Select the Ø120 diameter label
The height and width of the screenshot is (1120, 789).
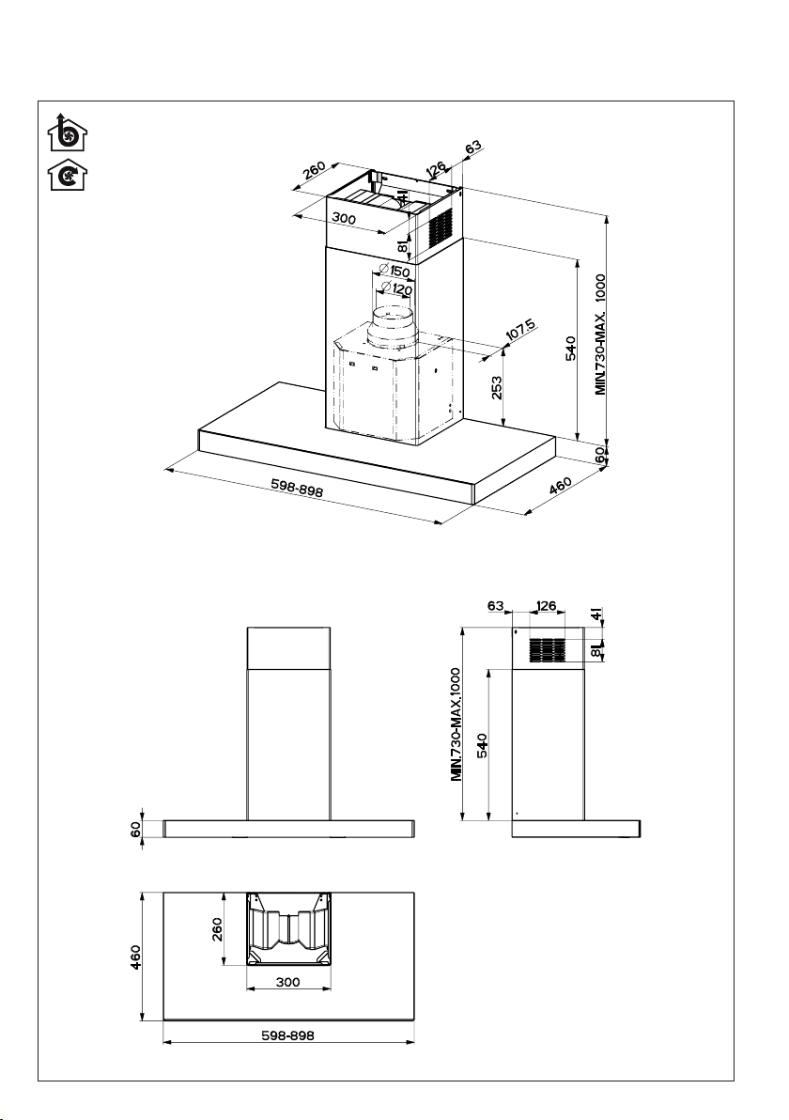[x=397, y=289]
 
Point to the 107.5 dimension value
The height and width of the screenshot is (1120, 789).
[x=520, y=329]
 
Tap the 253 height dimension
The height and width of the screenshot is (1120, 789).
[x=497, y=388]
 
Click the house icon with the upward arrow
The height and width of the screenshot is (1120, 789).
[x=67, y=132]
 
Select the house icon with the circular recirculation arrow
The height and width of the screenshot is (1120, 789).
[x=67, y=176]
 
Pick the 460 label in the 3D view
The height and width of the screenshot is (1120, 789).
[x=561, y=486]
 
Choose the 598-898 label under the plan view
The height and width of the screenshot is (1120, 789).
[x=287, y=1035]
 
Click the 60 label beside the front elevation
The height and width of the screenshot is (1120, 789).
[x=135, y=829]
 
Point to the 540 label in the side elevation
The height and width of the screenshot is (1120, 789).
[x=482, y=746]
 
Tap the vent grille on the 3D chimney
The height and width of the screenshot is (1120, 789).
[x=441, y=228]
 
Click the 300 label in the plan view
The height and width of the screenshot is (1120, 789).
[x=287, y=982]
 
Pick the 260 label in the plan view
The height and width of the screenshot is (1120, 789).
[x=217, y=929]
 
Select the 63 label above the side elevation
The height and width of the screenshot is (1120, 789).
[x=496, y=606]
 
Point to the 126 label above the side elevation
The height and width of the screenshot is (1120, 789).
[x=546, y=606]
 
